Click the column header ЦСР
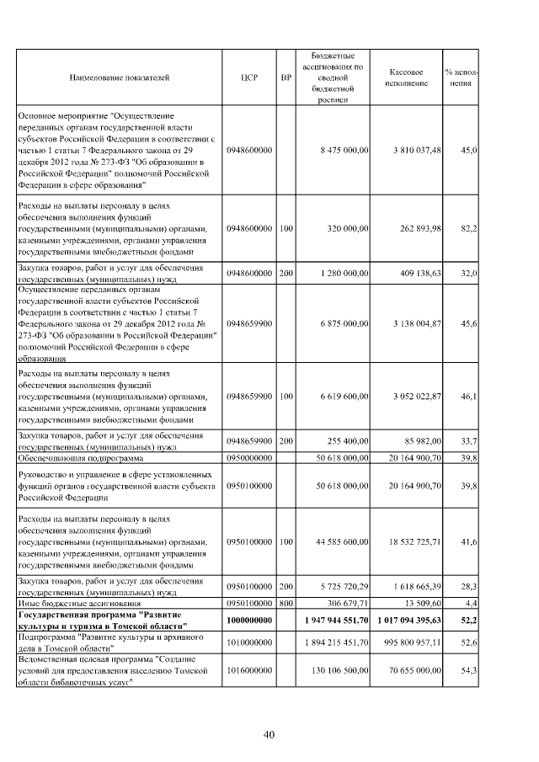[x=250, y=77]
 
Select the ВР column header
[x=286, y=77]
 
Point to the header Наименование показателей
[x=119, y=77]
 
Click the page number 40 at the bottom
[x=269, y=735]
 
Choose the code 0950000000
[x=250, y=458]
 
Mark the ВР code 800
[x=286, y=603]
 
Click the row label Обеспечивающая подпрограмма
[x=74, y=458]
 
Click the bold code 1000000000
[x=250, y=620]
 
